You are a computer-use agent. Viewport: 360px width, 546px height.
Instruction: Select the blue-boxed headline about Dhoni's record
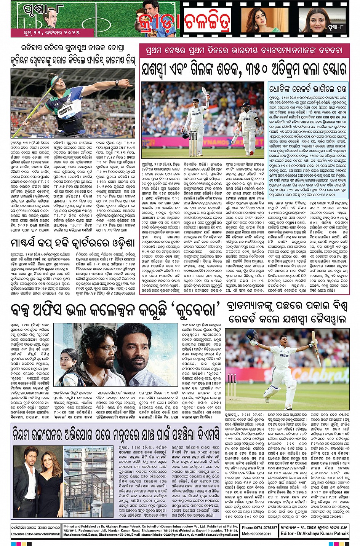pyautogui.click(x=308, y=90)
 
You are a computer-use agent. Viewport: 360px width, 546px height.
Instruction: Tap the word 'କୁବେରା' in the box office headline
pyautogui.click(x=197, y=310)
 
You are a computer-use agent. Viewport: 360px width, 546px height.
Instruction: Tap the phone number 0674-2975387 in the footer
pyautogui.click(x=259, y=527)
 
